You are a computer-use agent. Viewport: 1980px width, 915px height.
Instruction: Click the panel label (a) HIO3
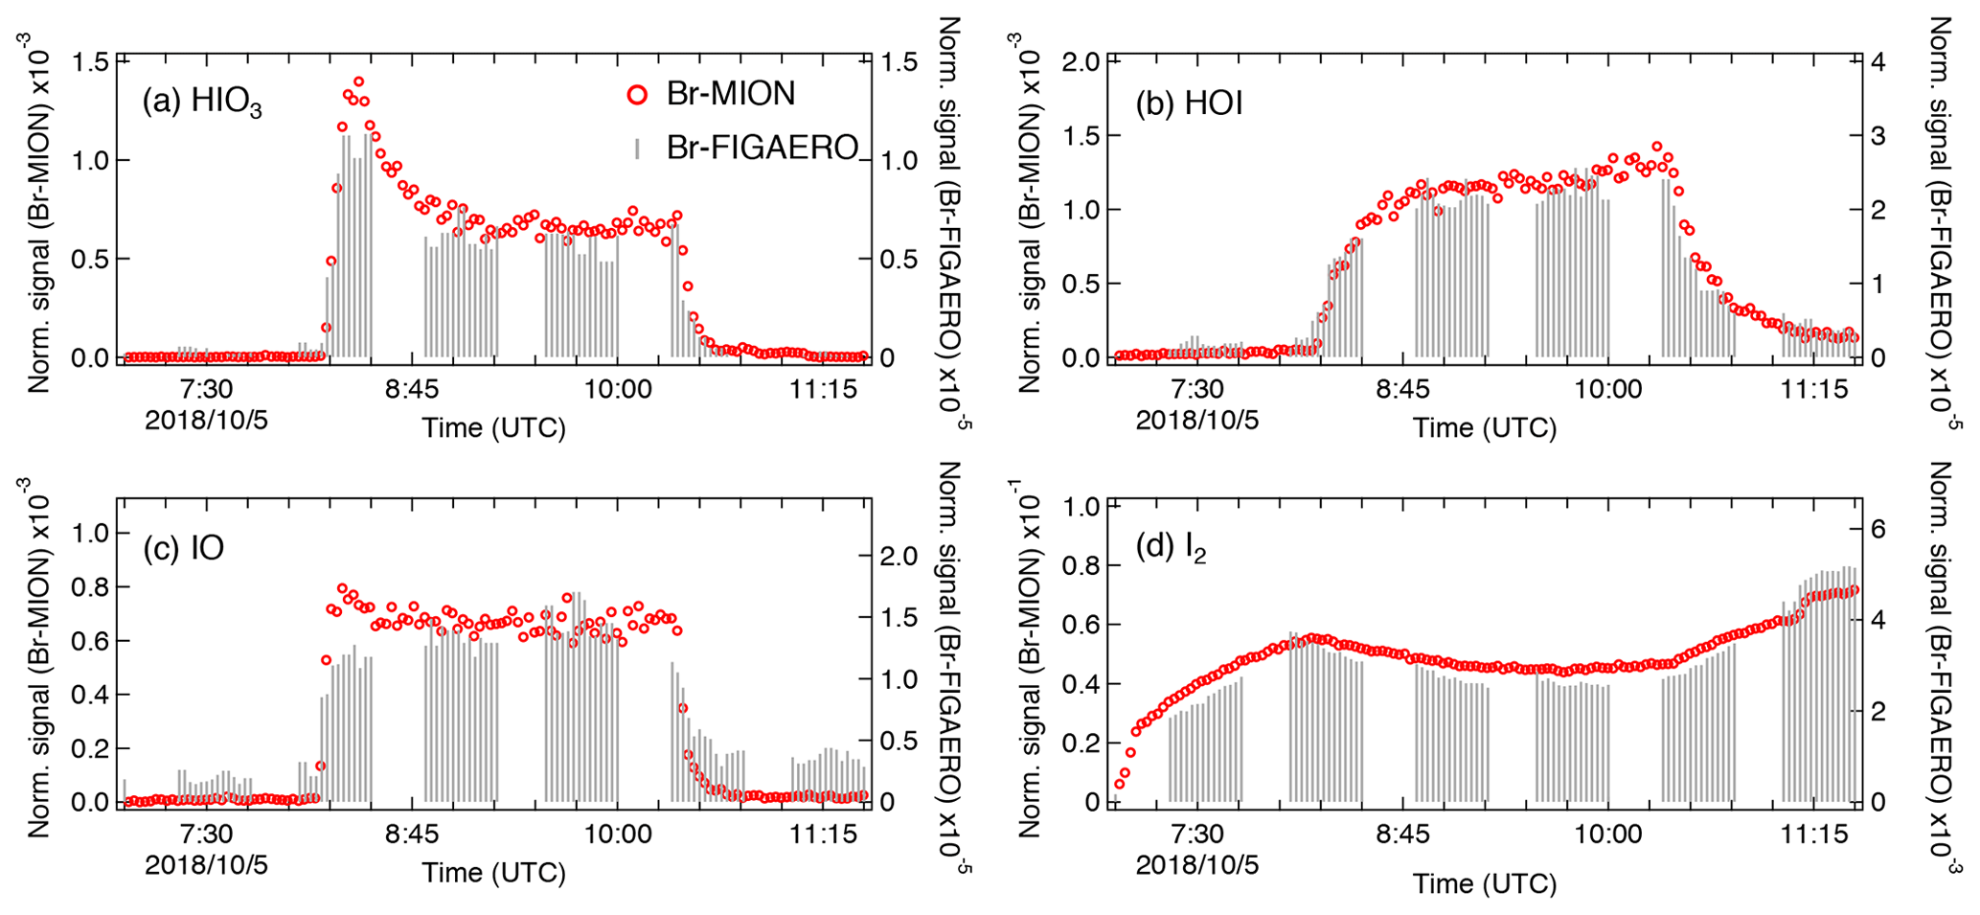202,102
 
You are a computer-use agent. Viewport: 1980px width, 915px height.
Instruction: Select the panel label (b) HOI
1189,103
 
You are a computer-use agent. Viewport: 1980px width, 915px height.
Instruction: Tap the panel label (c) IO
183,547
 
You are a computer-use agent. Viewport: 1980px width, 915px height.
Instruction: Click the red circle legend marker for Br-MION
637,94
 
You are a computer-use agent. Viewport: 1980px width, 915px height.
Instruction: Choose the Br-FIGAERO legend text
762,148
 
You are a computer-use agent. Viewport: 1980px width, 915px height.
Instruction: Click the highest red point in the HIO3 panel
359,81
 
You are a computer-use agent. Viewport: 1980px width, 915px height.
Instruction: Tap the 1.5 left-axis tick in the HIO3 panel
92,62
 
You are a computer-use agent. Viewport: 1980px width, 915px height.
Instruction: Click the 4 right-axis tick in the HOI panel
1877,62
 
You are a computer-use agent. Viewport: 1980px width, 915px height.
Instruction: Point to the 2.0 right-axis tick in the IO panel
898,556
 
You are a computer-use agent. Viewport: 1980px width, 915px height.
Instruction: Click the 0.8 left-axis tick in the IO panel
92,586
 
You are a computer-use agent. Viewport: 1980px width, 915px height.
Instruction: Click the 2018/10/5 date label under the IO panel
206,865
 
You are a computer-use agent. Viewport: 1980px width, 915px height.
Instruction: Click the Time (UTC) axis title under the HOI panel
1484,427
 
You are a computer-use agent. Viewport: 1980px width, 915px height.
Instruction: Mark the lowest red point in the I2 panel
1119,784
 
